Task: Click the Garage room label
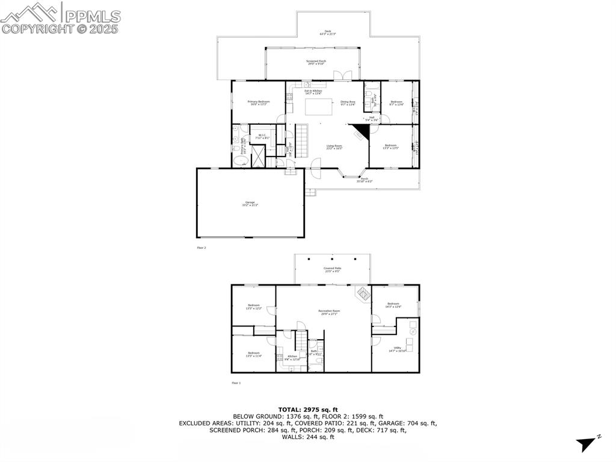250,204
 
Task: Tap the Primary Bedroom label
259,103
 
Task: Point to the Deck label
327,33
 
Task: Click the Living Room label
334,147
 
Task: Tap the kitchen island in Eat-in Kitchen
318,107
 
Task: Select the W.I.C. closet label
262,137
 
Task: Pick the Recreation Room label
328,312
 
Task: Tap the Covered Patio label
332,270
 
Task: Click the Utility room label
398,349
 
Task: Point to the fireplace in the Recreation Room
362,294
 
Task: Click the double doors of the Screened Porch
342,76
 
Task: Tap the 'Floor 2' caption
202,248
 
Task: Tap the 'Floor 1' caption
236,382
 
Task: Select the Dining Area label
348,103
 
